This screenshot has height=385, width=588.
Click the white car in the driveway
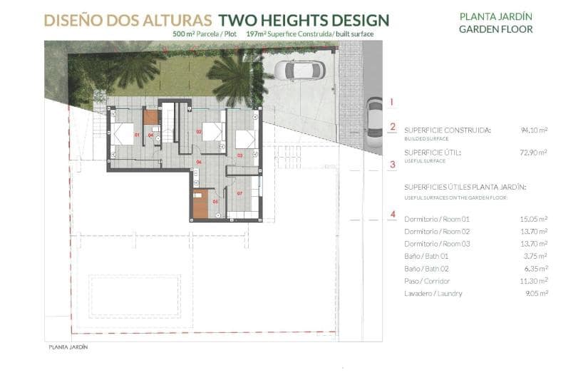click(x=299, y=70)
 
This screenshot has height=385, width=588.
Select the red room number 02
click(x=198, y=132)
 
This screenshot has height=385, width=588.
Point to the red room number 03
click(x=239, y=154)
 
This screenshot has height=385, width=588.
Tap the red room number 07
click(x=240, y=193)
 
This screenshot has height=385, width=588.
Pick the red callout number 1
click(x=392, y=102)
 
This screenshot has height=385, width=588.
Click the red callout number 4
click(x=393, y=214)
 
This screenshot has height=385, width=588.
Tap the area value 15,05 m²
click(x=533, y=219)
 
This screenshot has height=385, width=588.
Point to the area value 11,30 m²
click(x=533, y=281)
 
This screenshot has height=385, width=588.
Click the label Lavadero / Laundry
click(x=433, y=294)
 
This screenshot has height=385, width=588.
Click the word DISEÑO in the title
click(x=74, y=20)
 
